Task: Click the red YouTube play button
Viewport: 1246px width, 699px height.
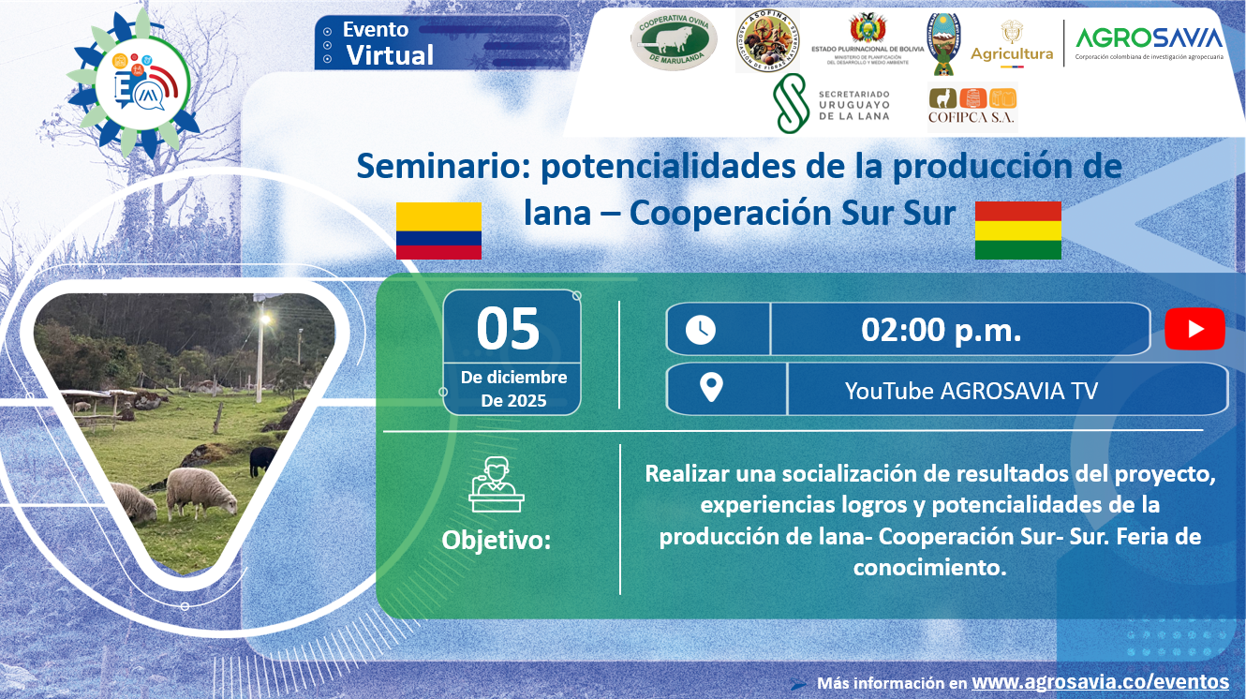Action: coord(1194,329)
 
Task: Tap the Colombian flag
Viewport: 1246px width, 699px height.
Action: coord(438,231)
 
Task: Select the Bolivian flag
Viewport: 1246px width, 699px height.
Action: coord(1017,231)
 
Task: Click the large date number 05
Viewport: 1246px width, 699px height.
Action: coord(509,329)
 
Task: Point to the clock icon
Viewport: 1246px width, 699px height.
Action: coord(701,329)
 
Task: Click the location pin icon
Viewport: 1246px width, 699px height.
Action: coord(711,388)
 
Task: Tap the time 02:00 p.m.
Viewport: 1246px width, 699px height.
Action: coord(941,330)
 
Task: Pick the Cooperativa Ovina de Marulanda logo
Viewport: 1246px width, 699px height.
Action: coord(674,40)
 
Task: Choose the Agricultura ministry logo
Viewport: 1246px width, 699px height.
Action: coord(1012,45)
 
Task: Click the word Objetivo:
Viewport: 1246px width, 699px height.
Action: coord(496,540)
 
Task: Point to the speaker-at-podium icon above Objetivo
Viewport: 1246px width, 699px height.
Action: coord(496,486)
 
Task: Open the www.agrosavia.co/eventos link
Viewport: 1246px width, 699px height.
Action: coord(1100,681)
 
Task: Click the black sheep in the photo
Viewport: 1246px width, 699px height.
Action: coord(262,458)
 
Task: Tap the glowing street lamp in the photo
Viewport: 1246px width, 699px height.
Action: coord(265,320)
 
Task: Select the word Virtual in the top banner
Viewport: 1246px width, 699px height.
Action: coord(390,55)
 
